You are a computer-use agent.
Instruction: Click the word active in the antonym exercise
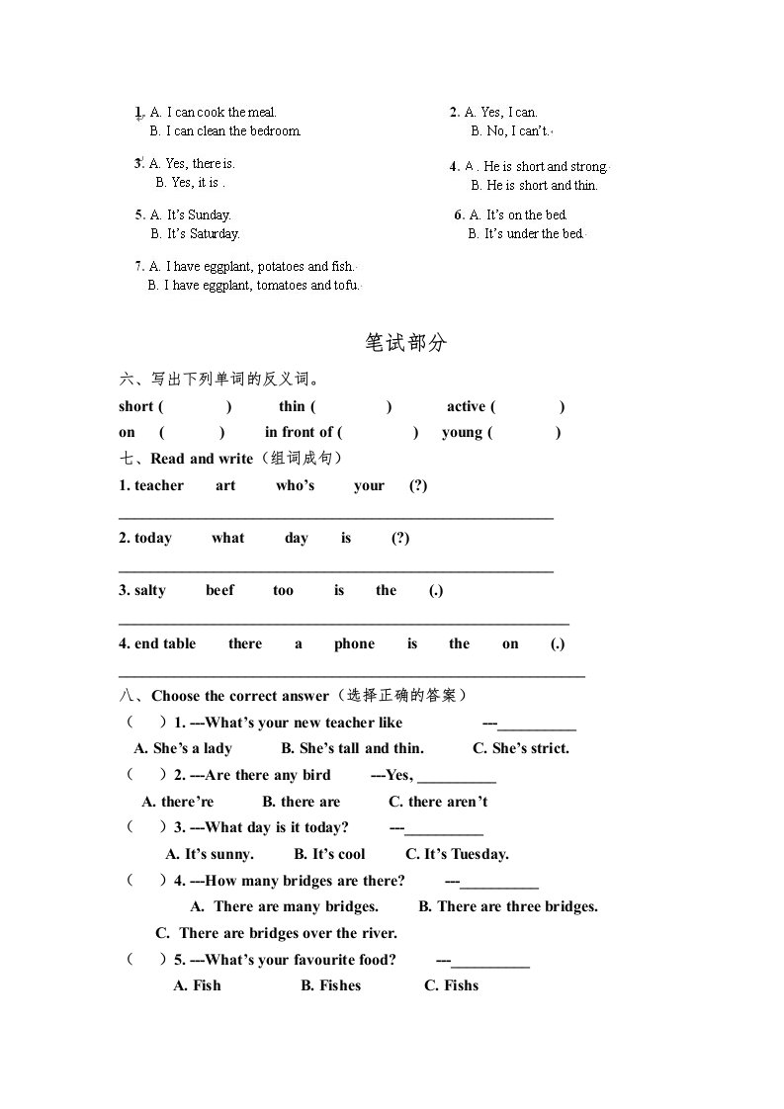466,406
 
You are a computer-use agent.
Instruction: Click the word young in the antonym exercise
462,432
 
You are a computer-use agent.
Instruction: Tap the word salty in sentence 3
150,590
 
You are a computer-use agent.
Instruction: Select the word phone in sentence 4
354,643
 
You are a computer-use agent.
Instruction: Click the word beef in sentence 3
219,590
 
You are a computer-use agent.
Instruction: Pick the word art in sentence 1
225,485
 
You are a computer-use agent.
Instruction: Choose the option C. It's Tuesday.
457,854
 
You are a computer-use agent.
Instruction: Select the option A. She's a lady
183,748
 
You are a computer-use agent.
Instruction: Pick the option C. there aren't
438,802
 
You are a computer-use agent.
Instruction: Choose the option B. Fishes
331,985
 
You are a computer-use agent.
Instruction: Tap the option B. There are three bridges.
508,906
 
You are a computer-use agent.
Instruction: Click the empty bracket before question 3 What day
144,827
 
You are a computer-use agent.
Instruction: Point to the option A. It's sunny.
210,854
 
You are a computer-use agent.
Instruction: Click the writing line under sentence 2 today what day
336,570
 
